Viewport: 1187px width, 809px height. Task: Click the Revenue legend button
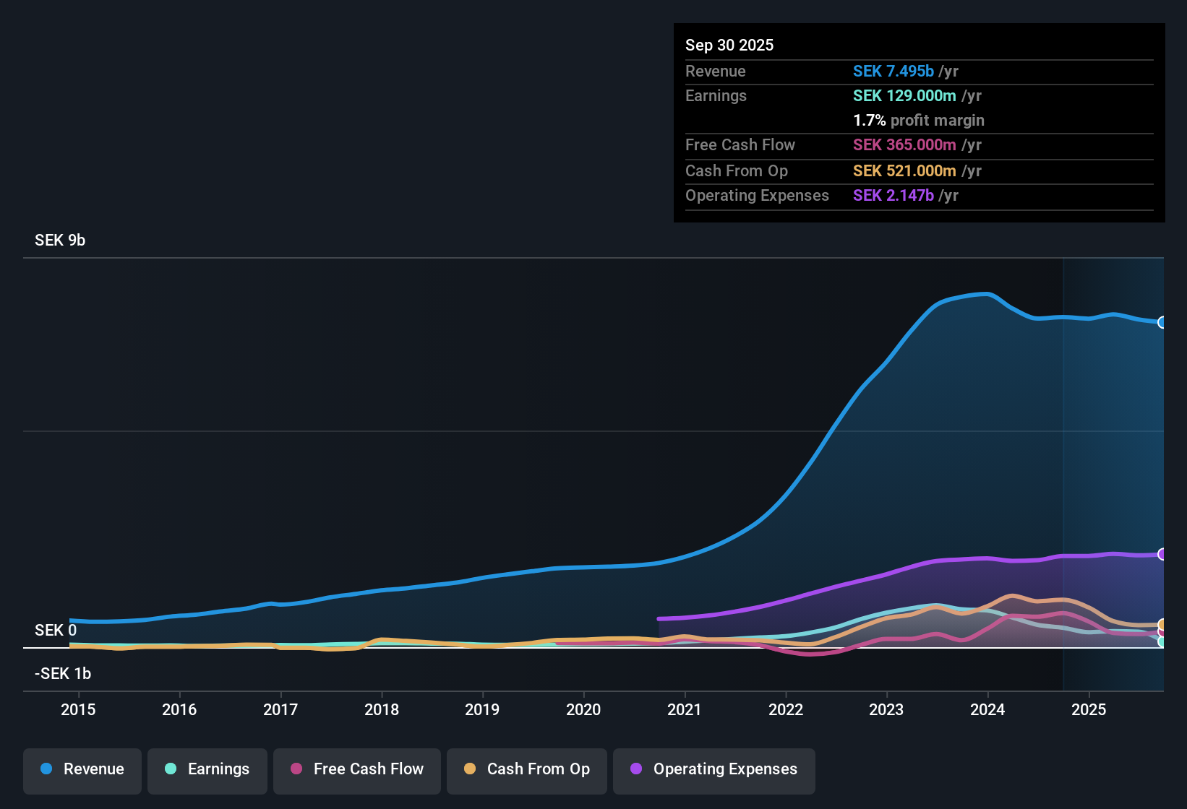point(82,769)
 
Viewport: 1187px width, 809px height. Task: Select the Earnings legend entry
point(207,769)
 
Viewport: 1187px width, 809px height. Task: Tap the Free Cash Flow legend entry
point(357,769)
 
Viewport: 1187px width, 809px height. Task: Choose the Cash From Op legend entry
point(527,769)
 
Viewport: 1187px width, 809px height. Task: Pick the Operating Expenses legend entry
point(714,769)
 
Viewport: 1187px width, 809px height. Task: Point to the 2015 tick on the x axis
point(78,709)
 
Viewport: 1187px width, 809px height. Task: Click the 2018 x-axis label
point(382,709)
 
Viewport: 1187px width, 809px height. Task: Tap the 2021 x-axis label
point(685,709)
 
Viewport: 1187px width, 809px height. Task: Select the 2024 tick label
point(987,709)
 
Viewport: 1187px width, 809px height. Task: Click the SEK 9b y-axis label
point(60,241)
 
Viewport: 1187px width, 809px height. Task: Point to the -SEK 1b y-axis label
point(63,674)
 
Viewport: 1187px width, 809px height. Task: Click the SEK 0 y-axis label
point(56,631)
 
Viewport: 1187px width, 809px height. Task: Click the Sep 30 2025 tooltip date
point(729,46)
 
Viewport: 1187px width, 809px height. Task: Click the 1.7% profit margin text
point(919,121)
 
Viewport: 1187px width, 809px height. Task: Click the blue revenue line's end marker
point(1162,322)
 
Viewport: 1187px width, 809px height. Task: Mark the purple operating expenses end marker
point(1162,554)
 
